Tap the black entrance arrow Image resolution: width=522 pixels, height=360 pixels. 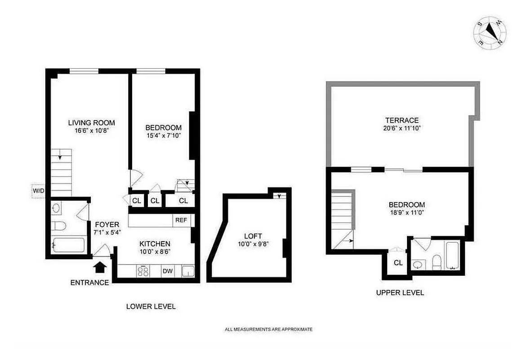click(x=100, y=267)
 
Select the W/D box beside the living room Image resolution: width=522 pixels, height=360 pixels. click(x=38, y=191)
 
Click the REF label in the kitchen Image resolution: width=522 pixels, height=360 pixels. click(x=181, y=220)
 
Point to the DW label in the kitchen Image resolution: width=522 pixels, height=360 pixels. click(x=168, y=271)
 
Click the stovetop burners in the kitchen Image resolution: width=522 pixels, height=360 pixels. click(x=143, y=271)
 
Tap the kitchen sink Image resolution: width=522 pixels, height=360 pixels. click(x=188, y=271)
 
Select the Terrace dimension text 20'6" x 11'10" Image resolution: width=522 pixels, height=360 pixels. click(x=402, y=128)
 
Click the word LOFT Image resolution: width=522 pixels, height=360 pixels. click(x=253, y=236)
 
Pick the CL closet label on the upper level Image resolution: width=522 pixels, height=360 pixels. click(x=398, y=262)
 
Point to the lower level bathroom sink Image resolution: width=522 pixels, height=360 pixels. click(x=57, y=208)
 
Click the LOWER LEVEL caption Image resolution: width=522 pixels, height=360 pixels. click(x=151, y=306)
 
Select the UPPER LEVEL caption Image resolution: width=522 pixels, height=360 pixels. click(x=400, y=292)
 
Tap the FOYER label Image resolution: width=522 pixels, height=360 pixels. click(x=107, y=225)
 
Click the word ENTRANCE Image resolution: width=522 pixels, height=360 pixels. click(x=89, y=283)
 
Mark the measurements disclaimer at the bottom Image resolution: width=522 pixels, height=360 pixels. click(x=268, y=329)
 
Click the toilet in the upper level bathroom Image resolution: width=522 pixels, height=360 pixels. click(x=435, y=261)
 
